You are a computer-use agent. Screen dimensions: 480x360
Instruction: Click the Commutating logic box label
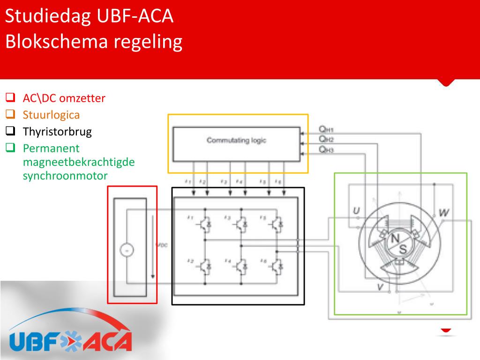click(236, 140)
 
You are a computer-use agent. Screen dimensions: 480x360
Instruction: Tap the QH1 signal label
click(326, 129)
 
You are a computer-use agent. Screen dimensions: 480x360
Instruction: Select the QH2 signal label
click(326, 139)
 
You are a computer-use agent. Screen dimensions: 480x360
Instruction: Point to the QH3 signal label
click(326, 150)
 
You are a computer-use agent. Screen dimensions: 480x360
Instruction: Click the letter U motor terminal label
click(356, 212)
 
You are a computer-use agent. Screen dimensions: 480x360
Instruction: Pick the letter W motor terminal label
click(444, 213)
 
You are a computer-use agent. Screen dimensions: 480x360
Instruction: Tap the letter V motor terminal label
click(380, 287)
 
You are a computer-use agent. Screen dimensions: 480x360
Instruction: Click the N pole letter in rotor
click(396, 239)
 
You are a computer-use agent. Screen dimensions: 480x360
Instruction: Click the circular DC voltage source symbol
click(126, 250)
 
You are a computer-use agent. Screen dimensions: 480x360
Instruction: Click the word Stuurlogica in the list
click(52, 115)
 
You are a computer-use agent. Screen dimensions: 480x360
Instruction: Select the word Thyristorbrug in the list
click(57, 132)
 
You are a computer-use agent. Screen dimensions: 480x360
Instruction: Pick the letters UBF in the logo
click(36, 341)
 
